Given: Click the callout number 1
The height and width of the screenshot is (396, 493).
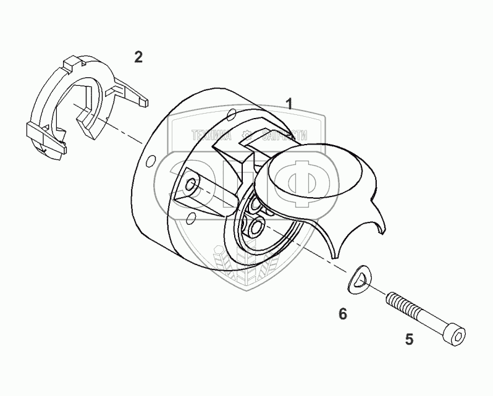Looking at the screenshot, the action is tap(289, 104).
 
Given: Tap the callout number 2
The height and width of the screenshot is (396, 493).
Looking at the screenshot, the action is tap(138, 57).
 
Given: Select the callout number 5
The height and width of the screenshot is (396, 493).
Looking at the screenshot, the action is tap(408, 339).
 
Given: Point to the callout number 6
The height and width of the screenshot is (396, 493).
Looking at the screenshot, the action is tap(342, 314).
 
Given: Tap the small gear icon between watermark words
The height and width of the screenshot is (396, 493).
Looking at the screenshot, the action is tap(247, 134).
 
